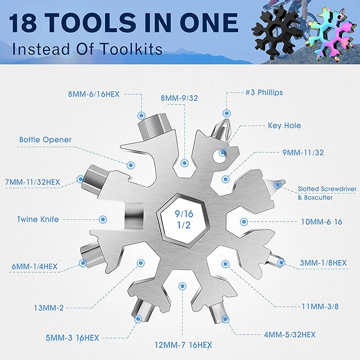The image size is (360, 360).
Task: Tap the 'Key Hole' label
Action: click(x=284, y=126)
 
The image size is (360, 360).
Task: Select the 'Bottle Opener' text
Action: click(x=45, y=140)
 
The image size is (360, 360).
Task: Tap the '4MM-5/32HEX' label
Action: click(x=290, y=335)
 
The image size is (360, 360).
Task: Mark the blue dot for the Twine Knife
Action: click(x=102, y=219)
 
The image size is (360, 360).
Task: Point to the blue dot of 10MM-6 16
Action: click(x=244, y=222)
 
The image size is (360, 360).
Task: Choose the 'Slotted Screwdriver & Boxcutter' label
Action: click(x=327, y=193)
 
